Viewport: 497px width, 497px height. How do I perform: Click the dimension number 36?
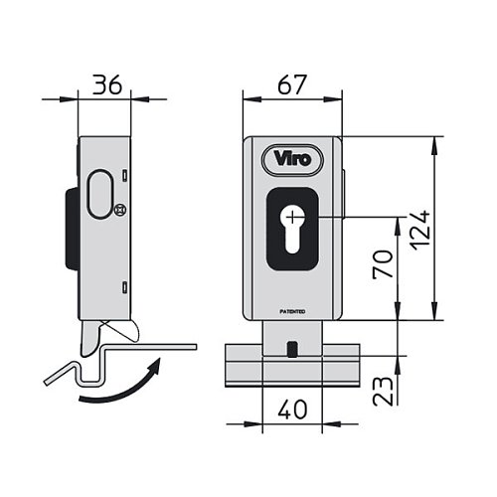[x=106, y=84]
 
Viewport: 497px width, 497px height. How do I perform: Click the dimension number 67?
[x=292, y=84]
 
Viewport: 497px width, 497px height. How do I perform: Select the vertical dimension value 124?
[x=419, y=230]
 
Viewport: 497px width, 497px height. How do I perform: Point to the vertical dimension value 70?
[x=383, y=264]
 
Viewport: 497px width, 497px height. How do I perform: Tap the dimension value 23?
[x=383, y=391]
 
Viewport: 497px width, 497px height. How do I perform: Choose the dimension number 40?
[x=292, y=410]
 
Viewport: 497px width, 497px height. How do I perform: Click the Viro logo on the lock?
[x=292, y=159]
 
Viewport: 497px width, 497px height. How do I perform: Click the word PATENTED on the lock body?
[x=292, y=312]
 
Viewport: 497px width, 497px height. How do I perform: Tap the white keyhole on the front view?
[x=292, y=231]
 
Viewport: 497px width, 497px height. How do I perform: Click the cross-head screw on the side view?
[x=120, y=210]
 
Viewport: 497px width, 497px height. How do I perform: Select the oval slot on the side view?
[x=100, y=194]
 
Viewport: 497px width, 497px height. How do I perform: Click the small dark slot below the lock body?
[x=292, y=350]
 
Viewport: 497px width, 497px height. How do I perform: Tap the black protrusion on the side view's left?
[x=73, y=229]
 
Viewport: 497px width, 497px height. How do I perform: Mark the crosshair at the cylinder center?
[x=292, y=218]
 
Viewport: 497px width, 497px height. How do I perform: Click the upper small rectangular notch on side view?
[x=124, y=176]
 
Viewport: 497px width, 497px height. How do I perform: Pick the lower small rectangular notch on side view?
[x=124, y=287]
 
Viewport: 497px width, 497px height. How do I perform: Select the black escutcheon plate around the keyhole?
[x=292, y=229]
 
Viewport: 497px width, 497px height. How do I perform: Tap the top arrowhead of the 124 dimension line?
[x=433, y=145]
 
